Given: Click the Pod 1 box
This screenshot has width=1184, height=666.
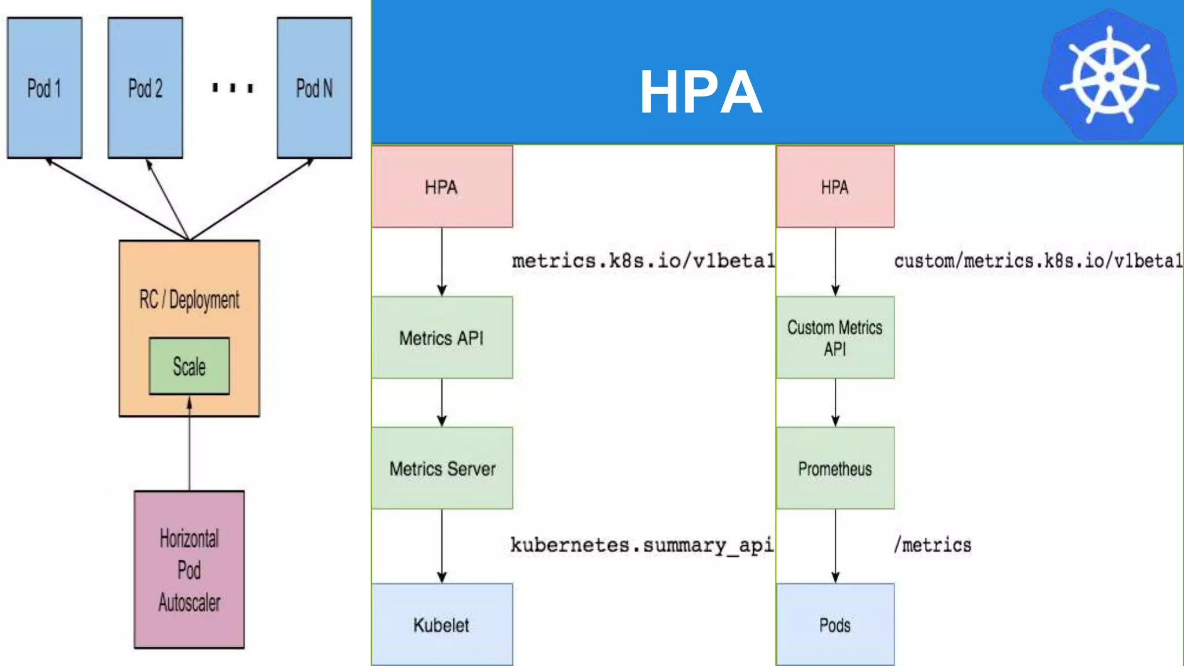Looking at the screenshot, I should coord(45,88).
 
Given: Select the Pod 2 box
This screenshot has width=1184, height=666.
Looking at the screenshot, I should coord(145,88).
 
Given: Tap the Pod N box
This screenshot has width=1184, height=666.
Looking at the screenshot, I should coord(314,88).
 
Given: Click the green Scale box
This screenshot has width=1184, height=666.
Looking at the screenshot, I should coord(189,367).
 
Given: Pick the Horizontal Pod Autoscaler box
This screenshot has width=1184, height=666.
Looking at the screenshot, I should coord(189,569).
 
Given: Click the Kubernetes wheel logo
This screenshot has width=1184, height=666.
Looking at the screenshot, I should coord(1109,76).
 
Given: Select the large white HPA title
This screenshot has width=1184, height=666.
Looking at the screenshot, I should coord(701,92).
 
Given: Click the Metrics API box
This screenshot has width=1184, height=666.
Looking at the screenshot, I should coord(442,338).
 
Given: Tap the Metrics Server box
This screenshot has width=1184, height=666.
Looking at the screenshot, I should coord(442,468).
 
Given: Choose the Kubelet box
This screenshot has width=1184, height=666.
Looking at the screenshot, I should coord(442,624).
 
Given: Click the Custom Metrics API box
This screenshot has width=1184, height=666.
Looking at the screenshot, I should coord(835,338).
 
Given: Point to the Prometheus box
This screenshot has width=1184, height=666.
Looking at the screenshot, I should coord(835,468).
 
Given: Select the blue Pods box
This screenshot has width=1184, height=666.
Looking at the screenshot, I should coord(835,624).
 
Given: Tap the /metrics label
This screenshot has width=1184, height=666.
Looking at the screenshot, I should coord(933,545).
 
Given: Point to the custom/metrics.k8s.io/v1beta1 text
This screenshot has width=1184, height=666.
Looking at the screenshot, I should coord(1038,261).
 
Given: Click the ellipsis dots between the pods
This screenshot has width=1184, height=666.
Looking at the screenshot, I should coord(232,88).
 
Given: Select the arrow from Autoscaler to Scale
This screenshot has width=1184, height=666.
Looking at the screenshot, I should coord(189,445).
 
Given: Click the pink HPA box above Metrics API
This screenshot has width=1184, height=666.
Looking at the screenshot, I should coord(442,187).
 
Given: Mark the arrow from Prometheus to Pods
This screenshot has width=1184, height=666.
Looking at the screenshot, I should coord(835,546).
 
